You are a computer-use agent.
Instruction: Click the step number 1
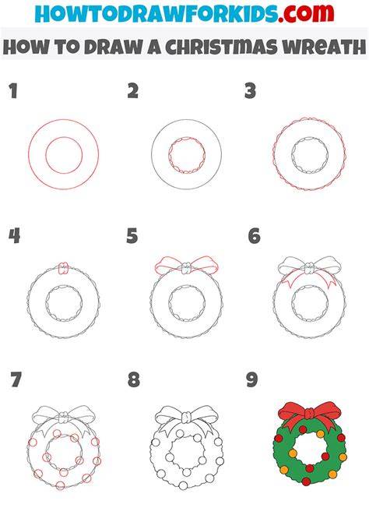pyautogui.click(x=13, y=91)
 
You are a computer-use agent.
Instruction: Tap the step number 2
pyautogui.click(x=133, y=91)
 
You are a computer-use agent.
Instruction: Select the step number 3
pyautogui.click(x=250, y=91)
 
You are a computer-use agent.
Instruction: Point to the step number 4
pyautogui.click(x=14, y=236)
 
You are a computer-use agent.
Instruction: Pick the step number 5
pyautogui.click(x=132, y=236)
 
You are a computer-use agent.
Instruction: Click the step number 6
pyautogui.click(x=255, y=236)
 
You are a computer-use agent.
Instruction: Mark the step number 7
pyautogui.click(x=16, y=379)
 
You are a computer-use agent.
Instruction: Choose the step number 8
pyautogui.click(x=134, y=379)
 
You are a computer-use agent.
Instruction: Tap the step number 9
pyautogui.click(x=252, y=379)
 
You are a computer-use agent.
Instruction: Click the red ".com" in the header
pyautogui.click(x=306, y=12)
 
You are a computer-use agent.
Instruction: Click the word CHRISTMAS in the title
pyautogui.click(x=221, y=47)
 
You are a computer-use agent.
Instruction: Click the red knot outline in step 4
pyautogui.click(x=63, y=268)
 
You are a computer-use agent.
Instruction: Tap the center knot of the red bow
pyautogui.click(x=309, y=414)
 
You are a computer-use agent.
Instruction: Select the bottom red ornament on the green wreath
pyautogui.click(x=306, y=481)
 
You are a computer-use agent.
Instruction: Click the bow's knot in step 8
pyautogui.click(x=187, y=416)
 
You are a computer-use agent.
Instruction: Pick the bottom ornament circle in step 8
pyautogui.click(x=184, y=485)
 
